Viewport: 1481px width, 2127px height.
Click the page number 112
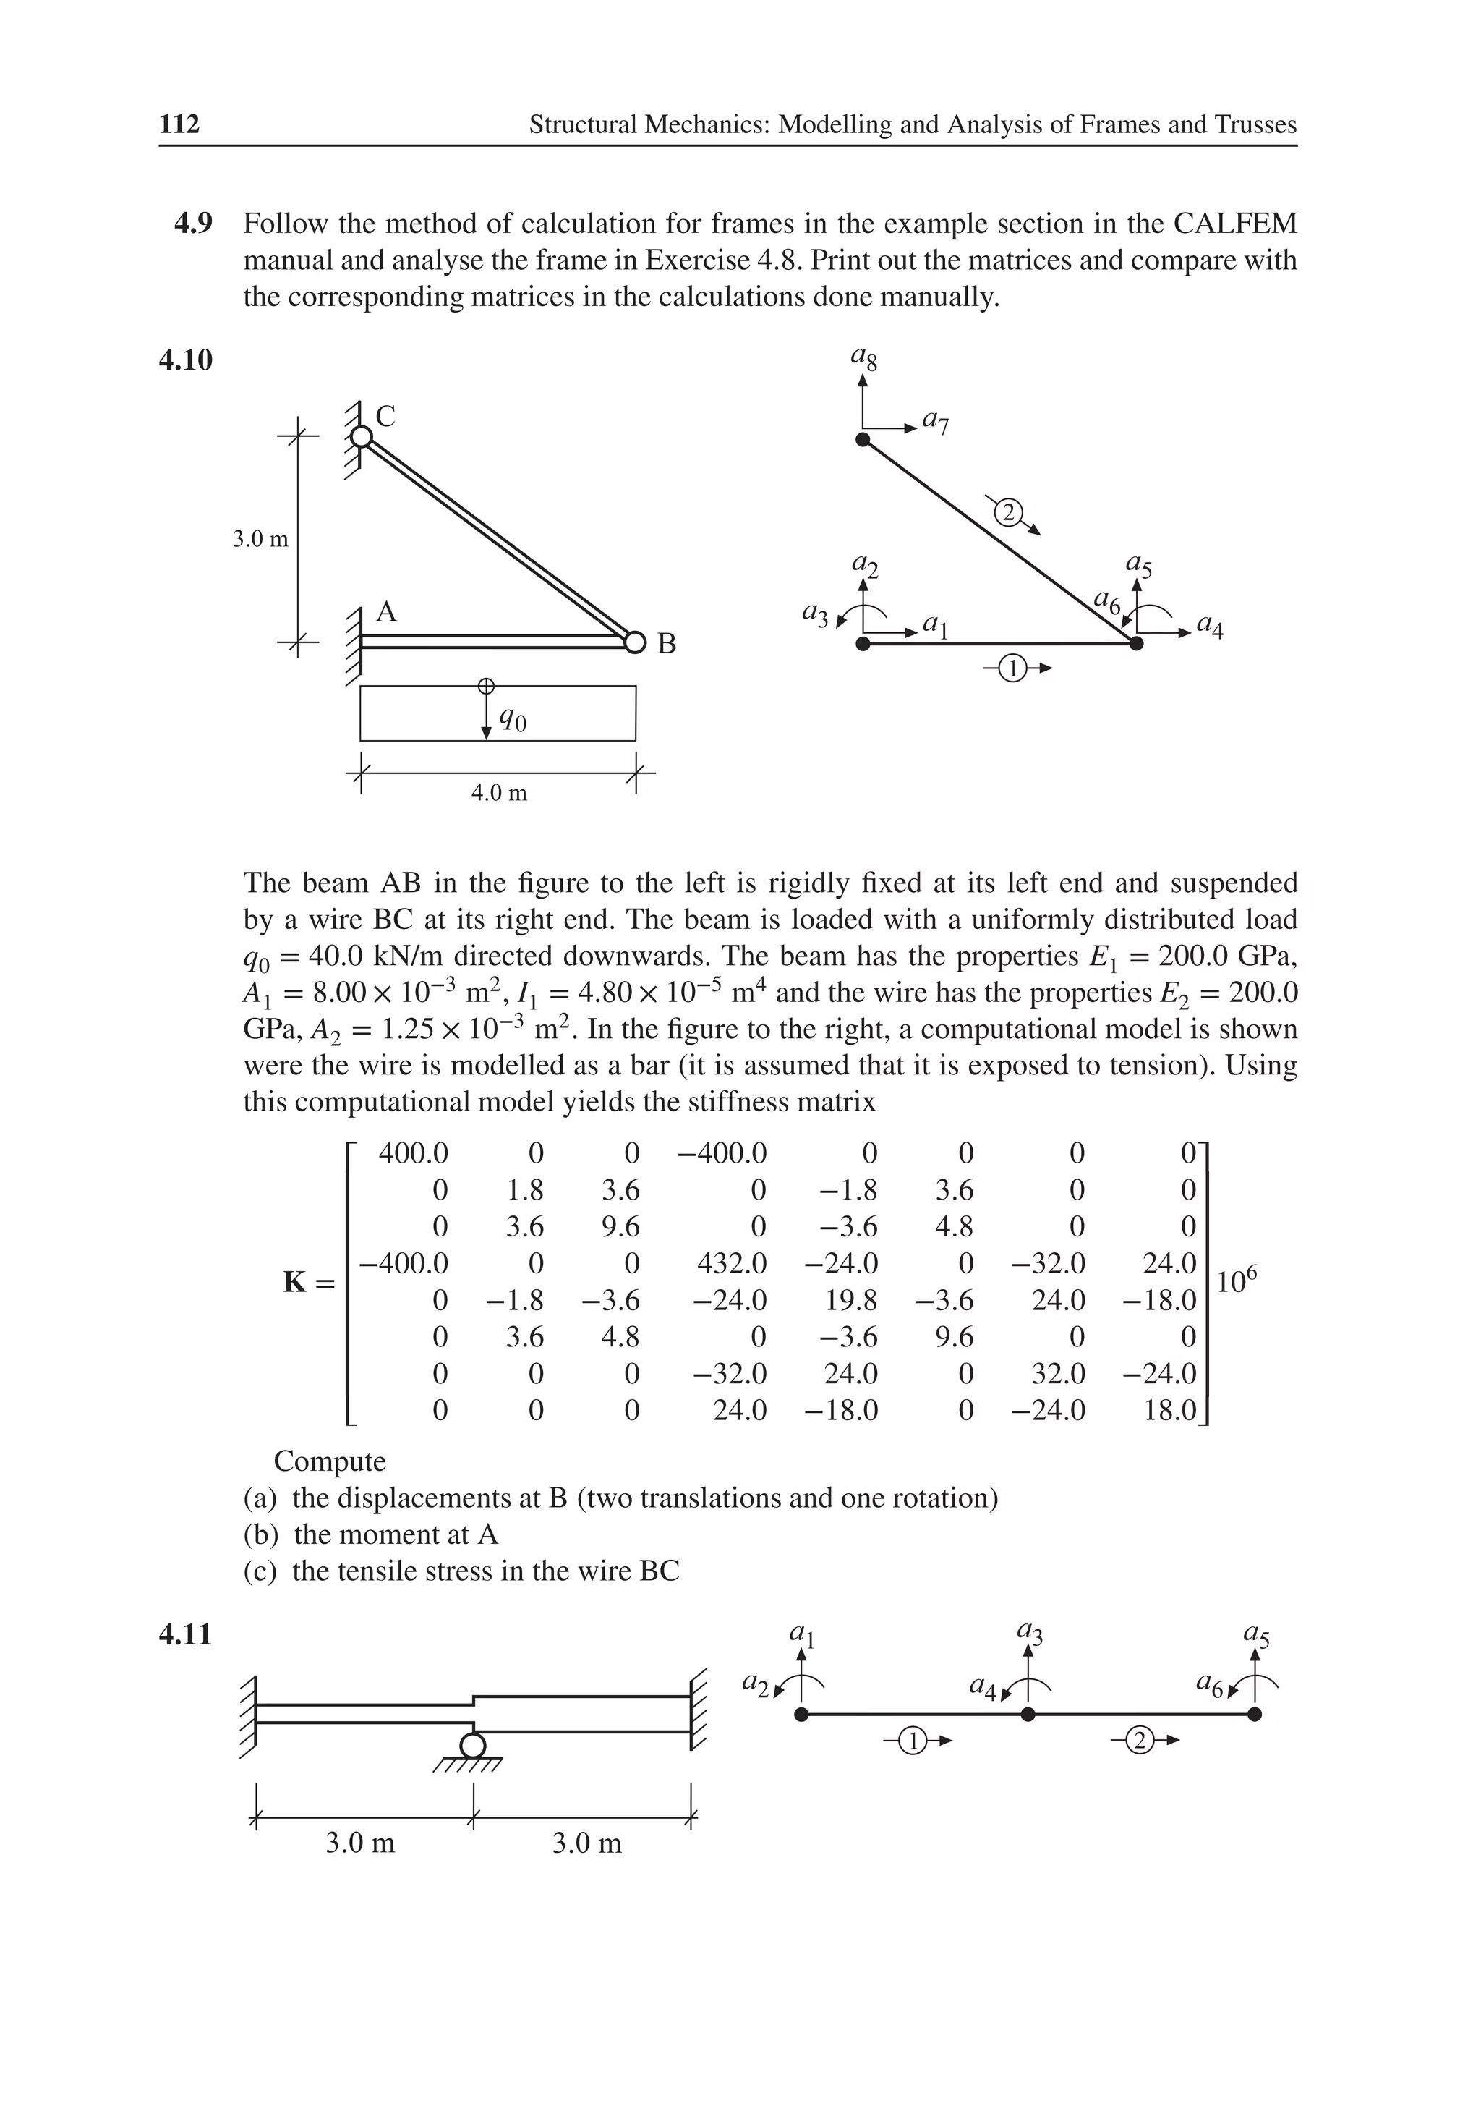pos(179,124)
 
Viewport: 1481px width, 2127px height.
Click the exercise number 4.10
pos(185,360)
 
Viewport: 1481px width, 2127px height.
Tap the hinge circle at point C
pos(362,436)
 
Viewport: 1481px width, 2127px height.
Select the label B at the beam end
pos(666,643)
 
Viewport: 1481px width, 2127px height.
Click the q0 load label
pos(512,718)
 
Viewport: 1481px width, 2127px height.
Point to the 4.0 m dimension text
pos(498,793)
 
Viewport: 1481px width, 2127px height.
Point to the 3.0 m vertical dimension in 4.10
pos(260,539)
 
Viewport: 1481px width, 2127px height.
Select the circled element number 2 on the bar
pos(1009,511)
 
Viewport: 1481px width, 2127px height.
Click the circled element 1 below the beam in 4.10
pos(1013,668)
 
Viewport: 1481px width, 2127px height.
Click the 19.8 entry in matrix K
pos(850,1300)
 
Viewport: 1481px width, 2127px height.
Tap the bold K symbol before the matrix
pos(294,1282)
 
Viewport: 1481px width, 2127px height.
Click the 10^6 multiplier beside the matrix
pos(1237,1281)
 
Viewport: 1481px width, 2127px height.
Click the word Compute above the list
pos(330,1461)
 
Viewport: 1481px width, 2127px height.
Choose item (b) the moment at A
pos(370,1534)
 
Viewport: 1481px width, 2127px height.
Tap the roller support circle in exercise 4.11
pos(472,1745)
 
